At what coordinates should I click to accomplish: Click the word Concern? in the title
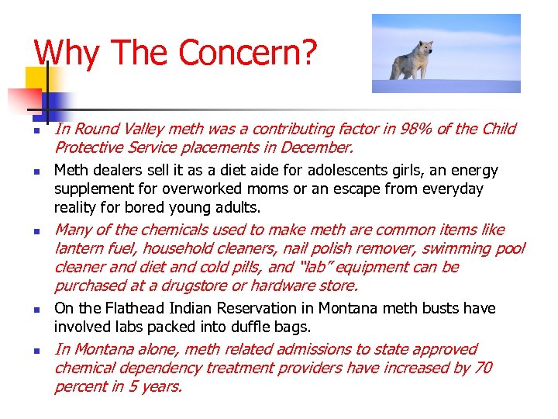pos(248,52)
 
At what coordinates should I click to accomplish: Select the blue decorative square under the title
pos(57,106)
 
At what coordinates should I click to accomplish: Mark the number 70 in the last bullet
pos(482,368)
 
